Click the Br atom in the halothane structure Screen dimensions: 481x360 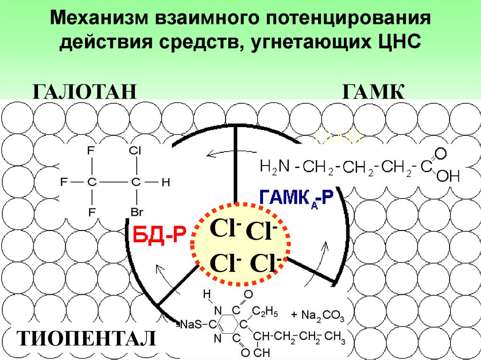pos(136,212)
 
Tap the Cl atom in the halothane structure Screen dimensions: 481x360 pos(135,151)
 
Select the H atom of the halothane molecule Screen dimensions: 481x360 pos(165,183)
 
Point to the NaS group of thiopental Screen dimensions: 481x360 pos(192,324)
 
